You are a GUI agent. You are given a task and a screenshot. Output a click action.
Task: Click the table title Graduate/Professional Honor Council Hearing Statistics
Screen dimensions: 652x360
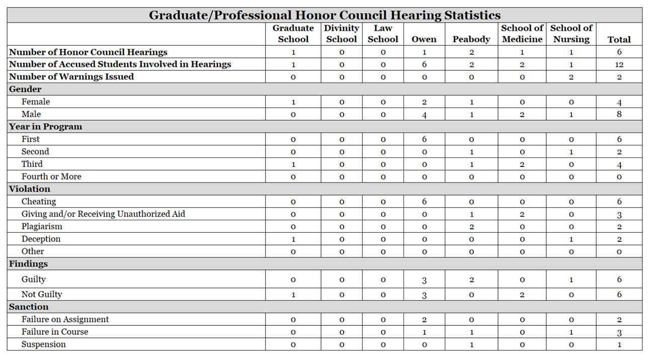tap(324, 15)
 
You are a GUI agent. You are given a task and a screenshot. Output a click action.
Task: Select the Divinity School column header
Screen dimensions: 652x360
tap(342, 34)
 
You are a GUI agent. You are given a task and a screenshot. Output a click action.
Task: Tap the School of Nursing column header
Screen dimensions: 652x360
tap(571, 34)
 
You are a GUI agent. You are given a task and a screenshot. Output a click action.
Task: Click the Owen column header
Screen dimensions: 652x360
tap(424, 39)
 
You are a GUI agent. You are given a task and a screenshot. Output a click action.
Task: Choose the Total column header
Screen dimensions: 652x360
tap(619, 39)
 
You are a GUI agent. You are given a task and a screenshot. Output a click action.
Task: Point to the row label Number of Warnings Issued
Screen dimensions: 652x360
tap(71, 77)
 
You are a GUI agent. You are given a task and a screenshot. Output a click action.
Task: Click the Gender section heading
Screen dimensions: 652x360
tap(25, 89)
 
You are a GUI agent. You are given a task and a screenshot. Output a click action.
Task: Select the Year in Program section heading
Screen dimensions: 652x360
tap(45, 127)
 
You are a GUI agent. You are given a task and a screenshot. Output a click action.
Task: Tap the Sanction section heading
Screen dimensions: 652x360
tap(29, 307)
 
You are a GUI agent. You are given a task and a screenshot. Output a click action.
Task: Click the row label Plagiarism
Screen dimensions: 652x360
tap(42, 226)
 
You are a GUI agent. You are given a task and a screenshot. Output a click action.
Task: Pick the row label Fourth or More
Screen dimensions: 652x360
tap(51, 176)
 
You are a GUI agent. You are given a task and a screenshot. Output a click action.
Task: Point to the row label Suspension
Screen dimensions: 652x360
tap(44, 344)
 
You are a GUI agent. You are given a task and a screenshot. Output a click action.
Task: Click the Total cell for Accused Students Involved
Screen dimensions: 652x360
tap(619, 64)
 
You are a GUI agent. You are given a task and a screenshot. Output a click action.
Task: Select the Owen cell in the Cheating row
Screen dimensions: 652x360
tap(424, 202)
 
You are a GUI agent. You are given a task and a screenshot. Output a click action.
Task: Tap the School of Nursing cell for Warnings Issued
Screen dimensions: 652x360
tap(571, 77)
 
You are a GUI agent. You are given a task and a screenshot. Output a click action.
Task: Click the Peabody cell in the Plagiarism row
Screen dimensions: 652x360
tap(471, 227)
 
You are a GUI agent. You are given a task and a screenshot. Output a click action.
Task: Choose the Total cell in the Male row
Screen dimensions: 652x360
tap(619, 114)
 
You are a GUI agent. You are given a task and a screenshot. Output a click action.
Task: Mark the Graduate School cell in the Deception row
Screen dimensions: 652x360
tap(293, 239)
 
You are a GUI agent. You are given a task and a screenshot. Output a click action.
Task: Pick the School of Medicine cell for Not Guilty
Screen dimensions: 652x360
tap(522, 295)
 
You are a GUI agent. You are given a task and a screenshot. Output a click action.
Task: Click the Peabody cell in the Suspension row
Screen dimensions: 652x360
tap(471, 345)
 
